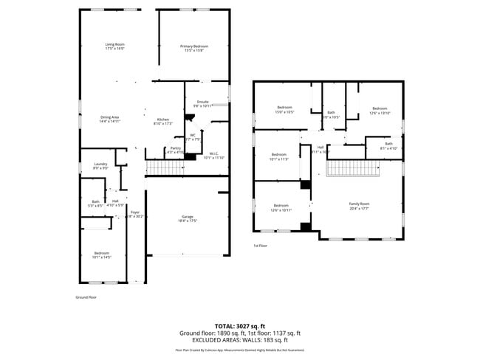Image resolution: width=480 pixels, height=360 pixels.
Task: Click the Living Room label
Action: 114,47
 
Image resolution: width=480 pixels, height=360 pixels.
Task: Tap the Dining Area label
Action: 110,120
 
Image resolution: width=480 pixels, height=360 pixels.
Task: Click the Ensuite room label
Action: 202,103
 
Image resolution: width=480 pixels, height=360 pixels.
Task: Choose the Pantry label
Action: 176,150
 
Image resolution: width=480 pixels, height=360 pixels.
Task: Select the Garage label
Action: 188,218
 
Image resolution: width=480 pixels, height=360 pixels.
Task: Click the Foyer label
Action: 134,214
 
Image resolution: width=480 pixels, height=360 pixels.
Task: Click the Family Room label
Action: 359,206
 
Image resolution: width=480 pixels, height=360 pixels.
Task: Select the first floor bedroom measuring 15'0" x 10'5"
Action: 285,110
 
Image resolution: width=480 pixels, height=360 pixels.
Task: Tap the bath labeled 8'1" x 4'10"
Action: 388,146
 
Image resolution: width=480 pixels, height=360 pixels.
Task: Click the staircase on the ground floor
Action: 164,167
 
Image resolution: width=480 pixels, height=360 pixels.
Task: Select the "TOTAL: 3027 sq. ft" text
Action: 240,325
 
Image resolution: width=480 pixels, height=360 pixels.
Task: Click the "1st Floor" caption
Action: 260,246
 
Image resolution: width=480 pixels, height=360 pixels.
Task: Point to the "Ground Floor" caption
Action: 86,297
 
